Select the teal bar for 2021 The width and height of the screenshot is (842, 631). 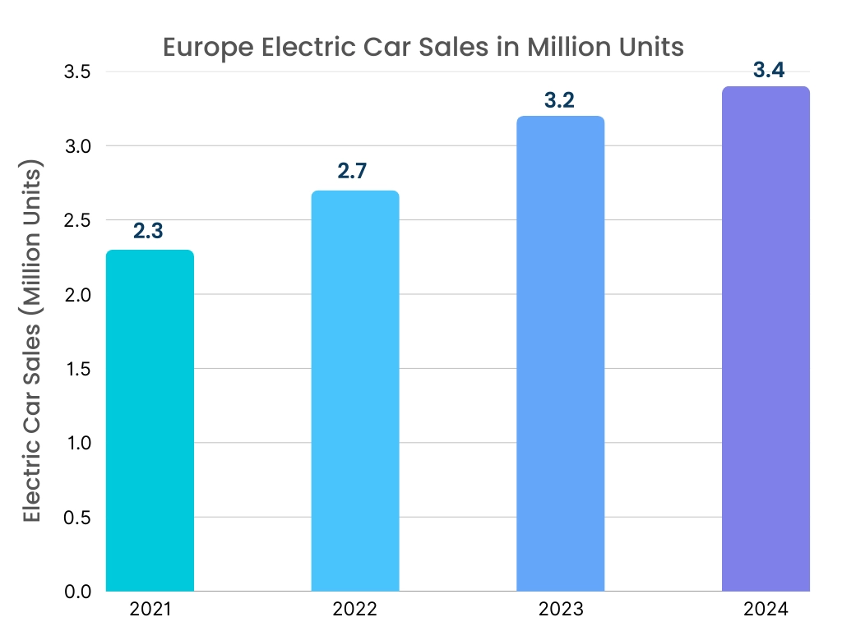[x=150, y=421]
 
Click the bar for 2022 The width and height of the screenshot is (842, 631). [x=355, y=391]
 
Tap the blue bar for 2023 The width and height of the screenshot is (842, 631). [x=561, y=353]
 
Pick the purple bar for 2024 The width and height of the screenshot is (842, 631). [x=766, y=339]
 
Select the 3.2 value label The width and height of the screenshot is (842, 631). [x=559, y=100]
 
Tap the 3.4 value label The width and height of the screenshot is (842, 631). [x=768, y=70]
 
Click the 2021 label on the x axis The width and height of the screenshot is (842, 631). [x=150, y=610]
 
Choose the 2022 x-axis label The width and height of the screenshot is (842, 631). [x=355, y=610]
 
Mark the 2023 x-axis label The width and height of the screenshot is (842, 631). [x=561, y=610]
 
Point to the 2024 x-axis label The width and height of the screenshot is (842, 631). [x=766, y=610]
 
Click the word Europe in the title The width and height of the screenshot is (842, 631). [x=209, y=47]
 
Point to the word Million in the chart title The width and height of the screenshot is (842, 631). [x=565, y=47]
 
